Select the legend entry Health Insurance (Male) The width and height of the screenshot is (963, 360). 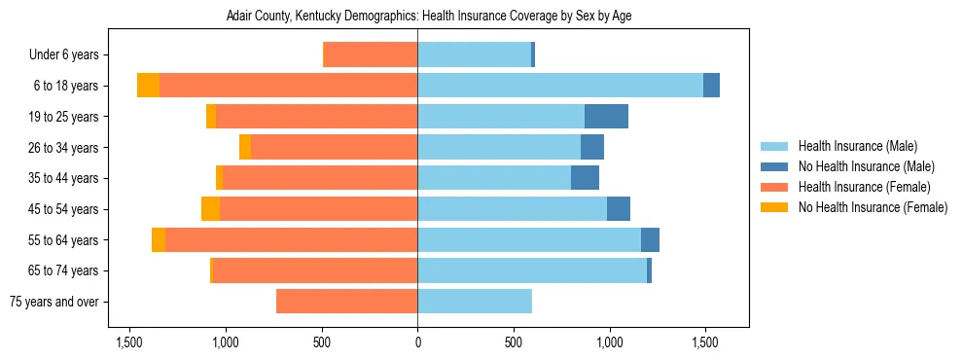coord(857,146)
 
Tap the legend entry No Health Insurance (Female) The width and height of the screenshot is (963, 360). coord(872,207)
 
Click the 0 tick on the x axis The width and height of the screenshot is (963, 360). coord(417,342)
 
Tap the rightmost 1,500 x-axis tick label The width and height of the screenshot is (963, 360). coord(704,342)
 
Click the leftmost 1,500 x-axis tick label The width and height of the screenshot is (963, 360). coord(130,342)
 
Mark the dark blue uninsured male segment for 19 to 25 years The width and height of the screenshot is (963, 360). coord(606,117)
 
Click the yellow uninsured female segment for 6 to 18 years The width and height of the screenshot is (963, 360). coord(148,86)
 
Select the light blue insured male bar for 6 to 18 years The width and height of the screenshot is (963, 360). coord(560,86)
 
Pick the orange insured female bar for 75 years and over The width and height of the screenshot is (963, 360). coord(346,302)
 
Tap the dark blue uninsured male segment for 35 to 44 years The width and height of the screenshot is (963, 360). coord(585,178)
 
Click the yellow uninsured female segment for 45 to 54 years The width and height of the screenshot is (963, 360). coord(210,209)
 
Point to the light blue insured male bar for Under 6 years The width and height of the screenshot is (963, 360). coord(474,55)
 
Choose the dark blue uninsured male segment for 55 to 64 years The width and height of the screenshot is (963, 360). coord(650,240)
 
